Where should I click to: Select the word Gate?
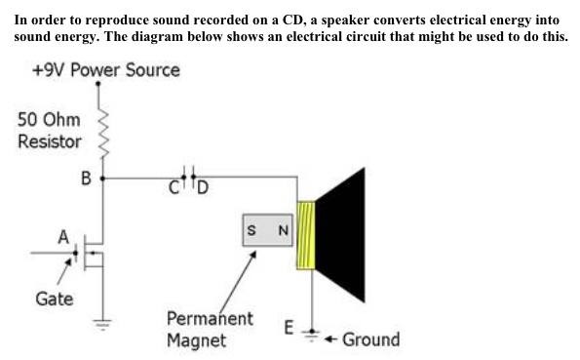point(54,299)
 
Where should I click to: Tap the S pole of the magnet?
point(252,230)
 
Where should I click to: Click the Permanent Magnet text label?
point(210,330)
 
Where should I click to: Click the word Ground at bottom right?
point(370,339)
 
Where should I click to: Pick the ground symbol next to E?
point(311,335)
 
